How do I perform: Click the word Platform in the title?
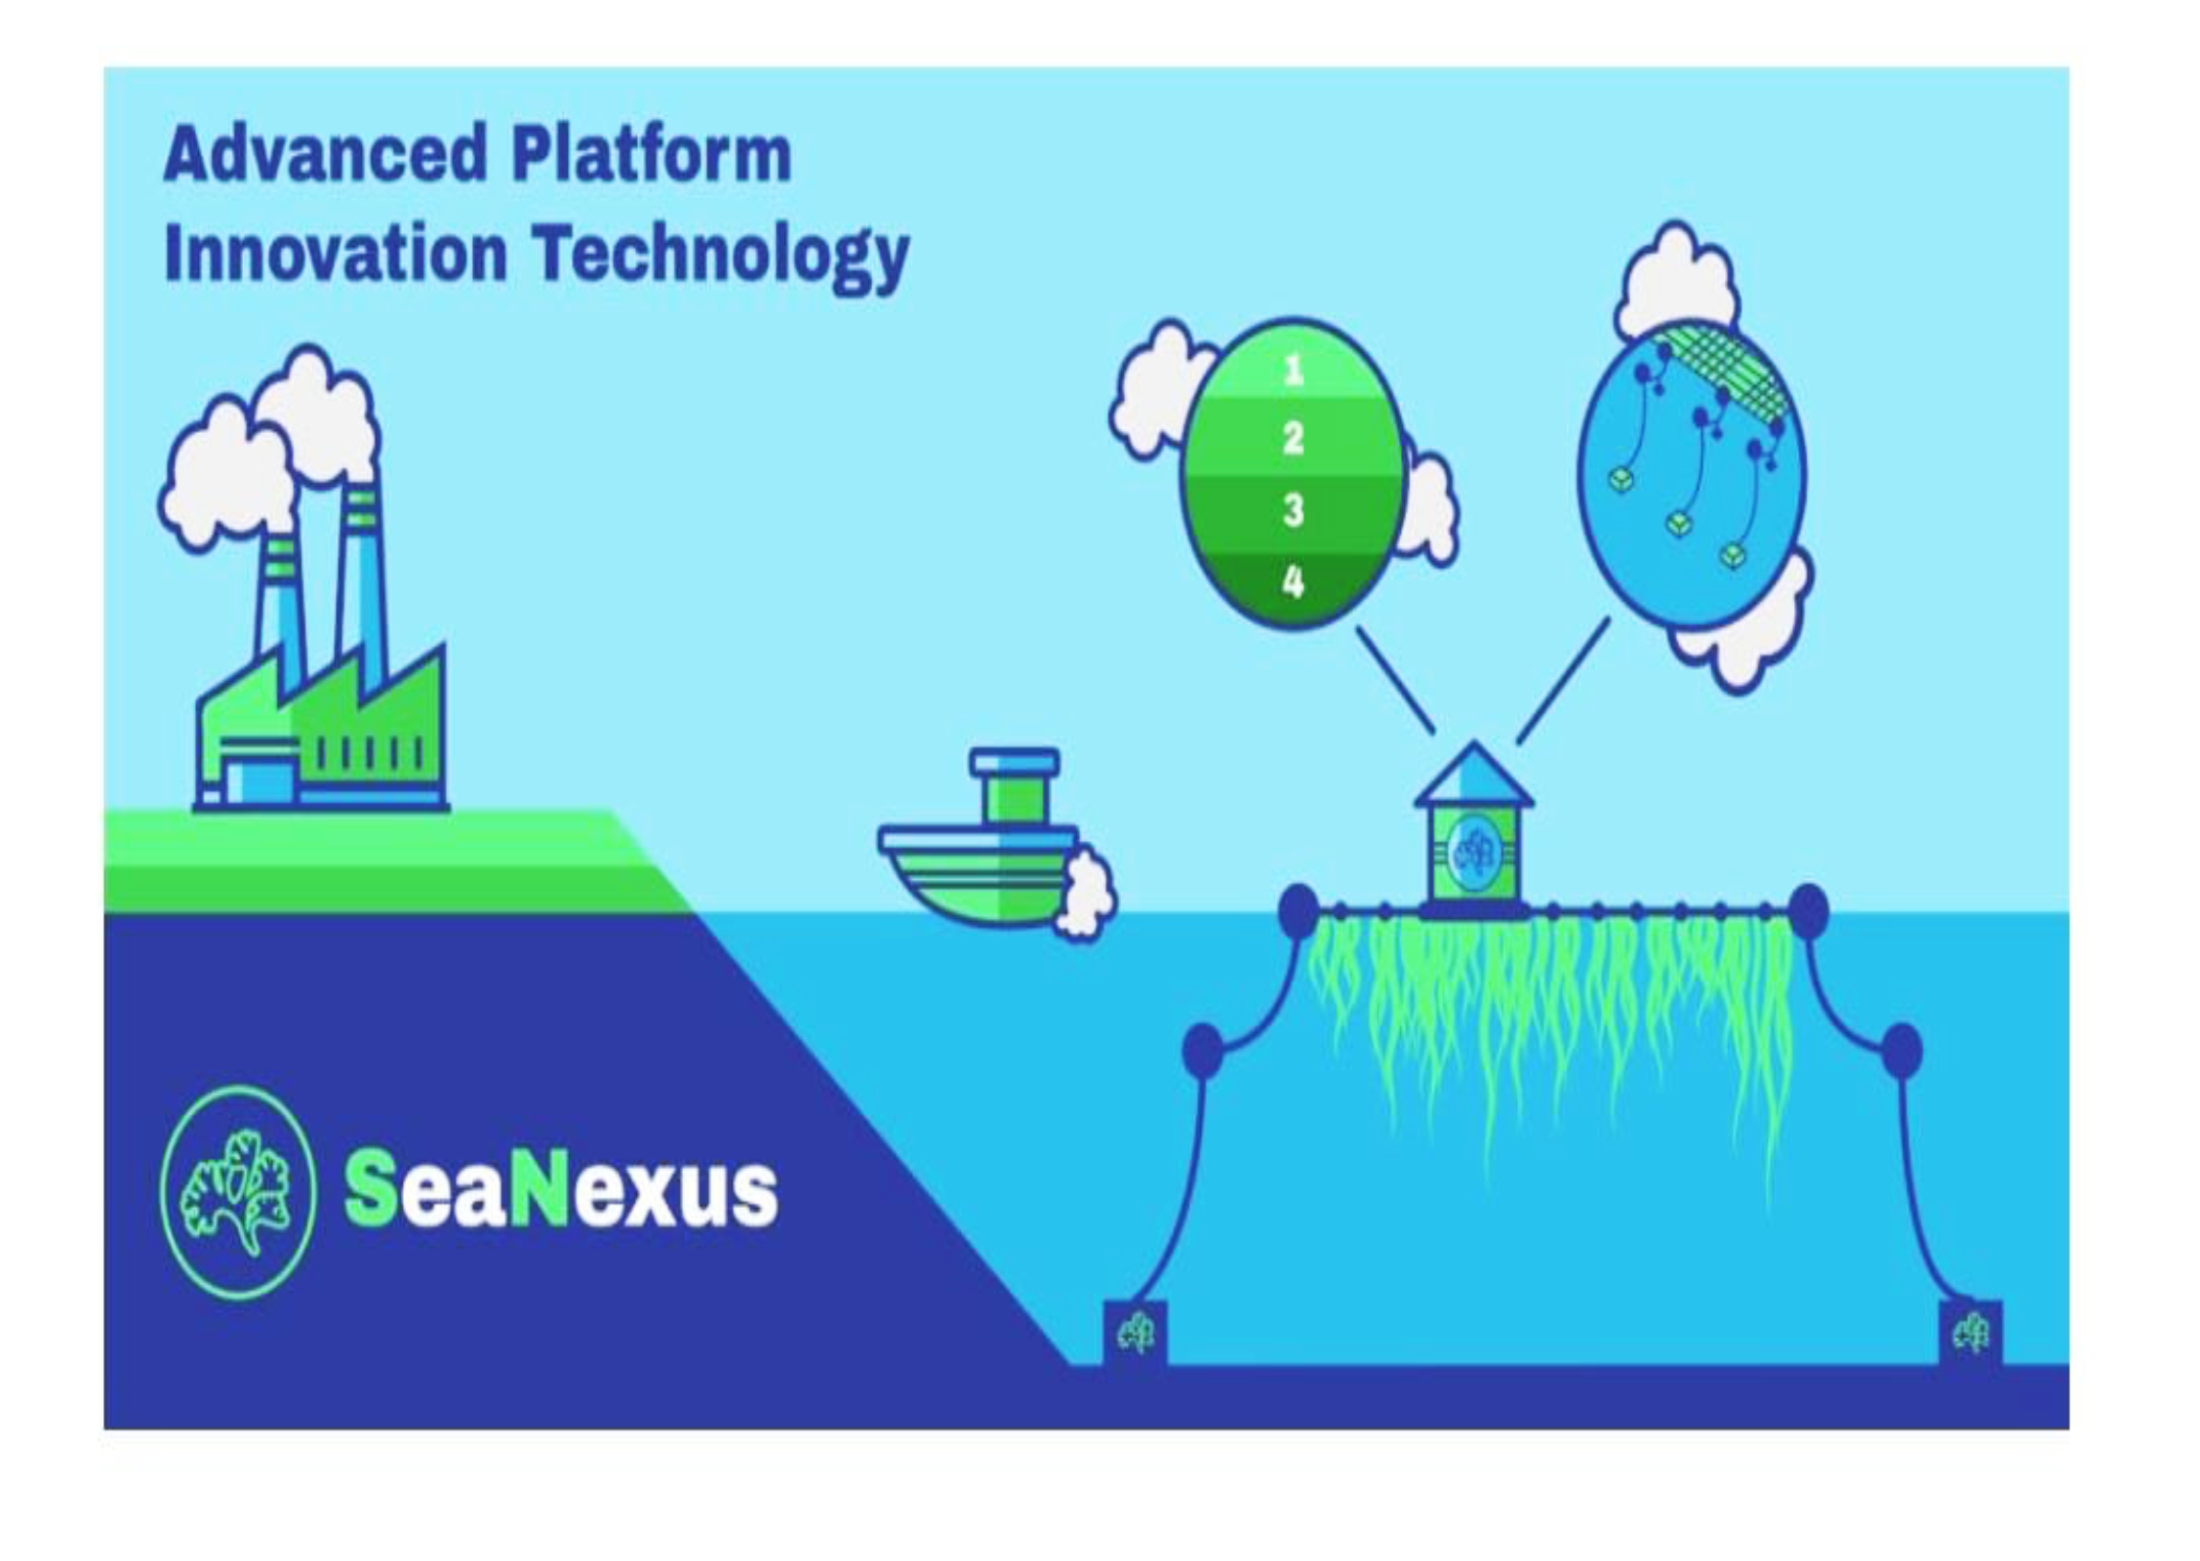pyautogui.click(x=651, y=155)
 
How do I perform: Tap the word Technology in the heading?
pyautogui.click(x=721, y=255)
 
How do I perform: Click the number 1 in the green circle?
pyautogui.click(x=1293, y=371)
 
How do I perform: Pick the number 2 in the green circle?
pyautogui.click(x=1293, y=439)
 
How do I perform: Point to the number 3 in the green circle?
pyautogui.click(x=1293, y=509)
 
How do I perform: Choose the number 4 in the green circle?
pyautogui.click(x=1293, y=582)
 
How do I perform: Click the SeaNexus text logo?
pyautogui.click(x=561, y=1191)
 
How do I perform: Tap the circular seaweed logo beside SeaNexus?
pyautogui.click(x=238, y=1192)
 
